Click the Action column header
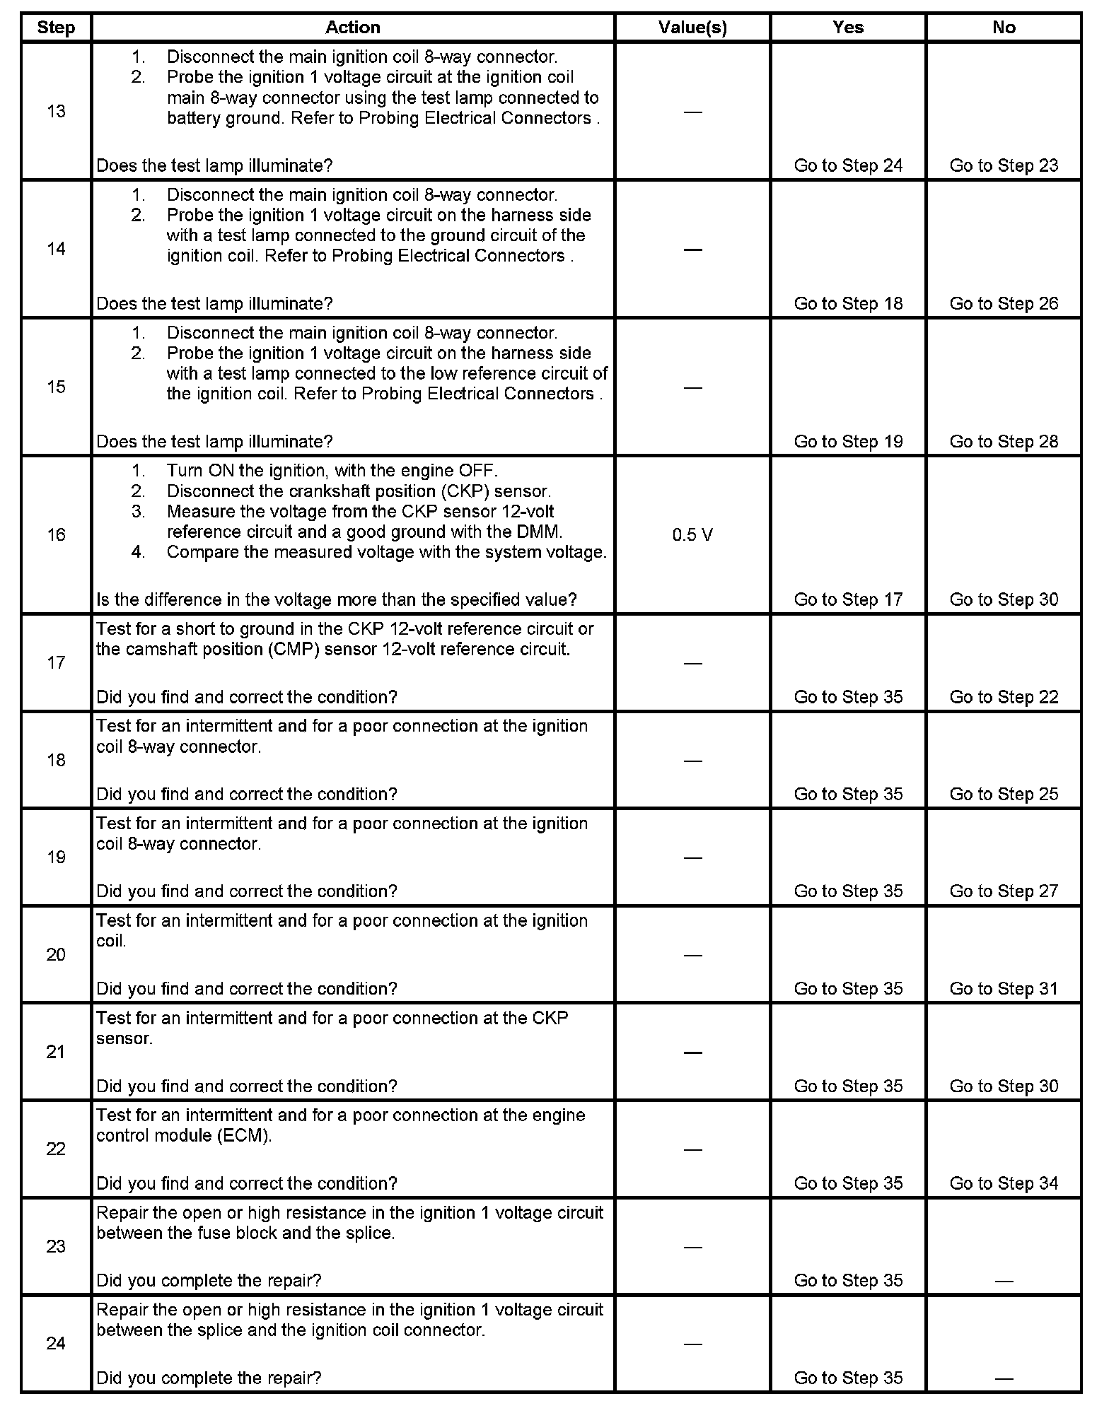[353, 28]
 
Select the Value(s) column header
[692, 28]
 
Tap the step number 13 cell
[56, 111]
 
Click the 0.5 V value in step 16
[692, 535]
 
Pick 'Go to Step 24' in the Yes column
[848, 165]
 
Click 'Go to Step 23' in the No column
[1004, 165]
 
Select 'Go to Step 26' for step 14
[1004, 303]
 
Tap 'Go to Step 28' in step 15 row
[1004, 441]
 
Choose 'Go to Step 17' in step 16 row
[848, 599]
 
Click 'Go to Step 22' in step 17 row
[1004, 697]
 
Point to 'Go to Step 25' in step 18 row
[1004, 794]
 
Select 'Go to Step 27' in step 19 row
[1004, 891]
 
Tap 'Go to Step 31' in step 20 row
[1004, 988]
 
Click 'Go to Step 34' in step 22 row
[1004, 1183]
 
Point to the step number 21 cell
[56, 1052]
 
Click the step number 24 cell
[56, 1343]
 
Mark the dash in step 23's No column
[1004, 1281]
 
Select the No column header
[1004, 28]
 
